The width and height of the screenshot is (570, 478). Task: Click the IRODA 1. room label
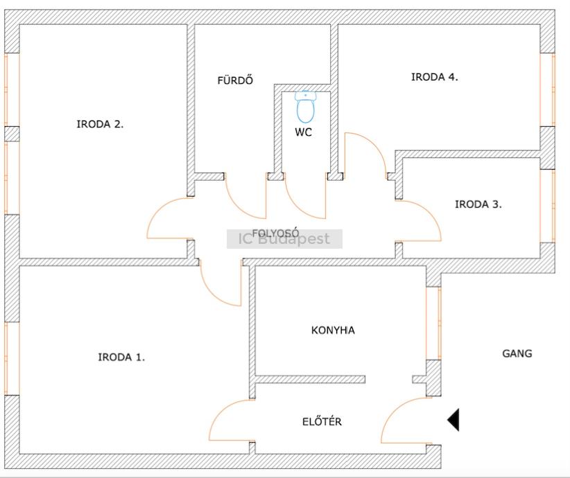[121, 357]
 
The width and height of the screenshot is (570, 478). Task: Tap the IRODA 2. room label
[100, 125]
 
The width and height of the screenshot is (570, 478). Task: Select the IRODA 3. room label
[478, 204]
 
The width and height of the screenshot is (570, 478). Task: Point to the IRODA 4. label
[435, 78]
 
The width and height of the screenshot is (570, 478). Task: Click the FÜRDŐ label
[235, 80]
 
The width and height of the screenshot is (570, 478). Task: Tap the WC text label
[304, 132]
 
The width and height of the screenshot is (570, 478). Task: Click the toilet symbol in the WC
[305, 107]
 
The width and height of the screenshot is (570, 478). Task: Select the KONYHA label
[333, 330]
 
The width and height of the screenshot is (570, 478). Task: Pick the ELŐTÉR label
[322, 421]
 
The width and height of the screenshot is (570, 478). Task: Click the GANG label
[517, 353]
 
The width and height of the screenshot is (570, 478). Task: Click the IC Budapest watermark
[284, 240]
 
